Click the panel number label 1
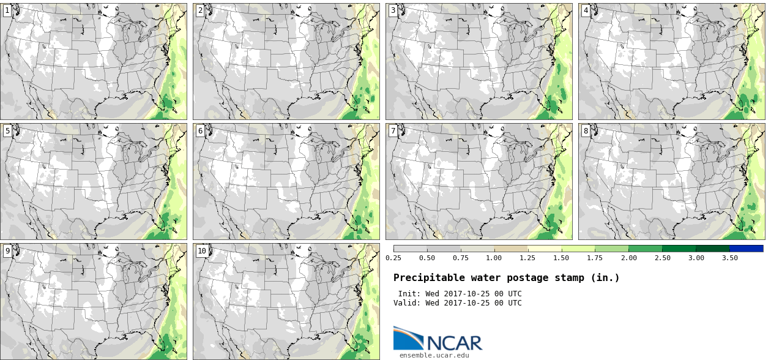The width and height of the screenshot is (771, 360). point(7,10)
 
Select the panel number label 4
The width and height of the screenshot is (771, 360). point(586,10)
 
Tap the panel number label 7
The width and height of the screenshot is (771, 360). point(393,131)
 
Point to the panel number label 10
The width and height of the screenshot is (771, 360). point(202,251)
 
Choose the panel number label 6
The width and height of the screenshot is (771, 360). point(200,131)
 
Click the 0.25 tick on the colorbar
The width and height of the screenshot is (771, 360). point(393,258)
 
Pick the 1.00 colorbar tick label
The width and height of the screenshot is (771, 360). point(494,258)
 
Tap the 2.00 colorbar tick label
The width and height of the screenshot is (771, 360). point(628,258)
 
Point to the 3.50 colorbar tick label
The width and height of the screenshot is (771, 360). point(729,258)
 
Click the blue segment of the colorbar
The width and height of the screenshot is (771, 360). point(747,249)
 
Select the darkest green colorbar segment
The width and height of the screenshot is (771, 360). point(712,249)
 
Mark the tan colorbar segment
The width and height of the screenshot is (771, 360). point(511,249)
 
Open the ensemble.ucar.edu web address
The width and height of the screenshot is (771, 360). point(434,355)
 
